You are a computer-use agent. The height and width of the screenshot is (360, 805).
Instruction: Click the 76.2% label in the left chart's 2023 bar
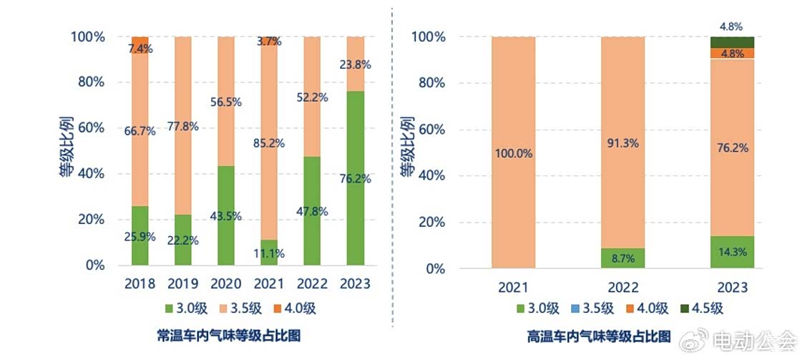pyautogui.click(x=356, y=179)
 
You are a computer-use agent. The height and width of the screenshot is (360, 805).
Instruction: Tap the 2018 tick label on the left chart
pyautogui.click(x=140, y=284)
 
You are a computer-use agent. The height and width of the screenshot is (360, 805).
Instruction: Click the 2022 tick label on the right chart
pyautogui.click(x=622, y=288)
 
